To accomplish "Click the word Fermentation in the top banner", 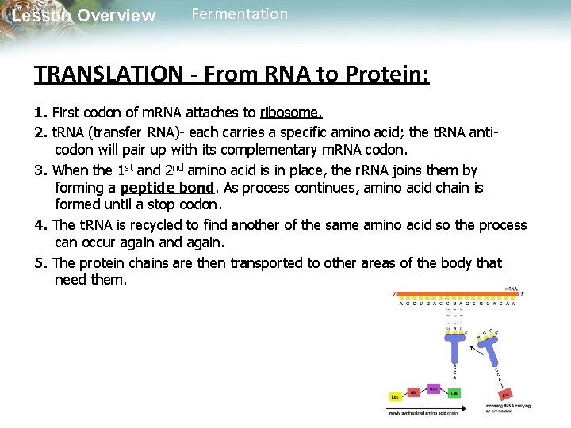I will click(240, 14).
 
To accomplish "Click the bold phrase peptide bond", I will click(167, 188).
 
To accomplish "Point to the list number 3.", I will click(40, 170).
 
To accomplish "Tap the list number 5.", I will click(40, 262).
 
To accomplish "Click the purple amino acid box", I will click(433, 388).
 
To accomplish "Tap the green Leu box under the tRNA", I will click(455, 393).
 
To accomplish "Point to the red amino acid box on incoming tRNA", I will click(505, 395).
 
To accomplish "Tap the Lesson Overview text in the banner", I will click(84, 16).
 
